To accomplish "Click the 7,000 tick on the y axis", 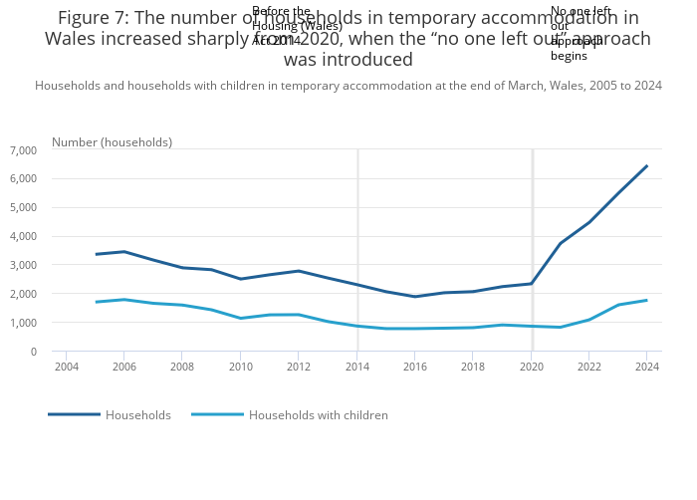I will (23, 150).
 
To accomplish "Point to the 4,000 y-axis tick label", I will (23, 237).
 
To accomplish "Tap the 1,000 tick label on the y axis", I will (23, 324).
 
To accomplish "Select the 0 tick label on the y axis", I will (33, 353).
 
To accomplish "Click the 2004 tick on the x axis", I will (66, 368).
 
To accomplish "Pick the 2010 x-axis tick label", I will (240, 368).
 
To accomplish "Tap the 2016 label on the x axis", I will (414, 368).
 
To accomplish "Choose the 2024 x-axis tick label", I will (646, 368).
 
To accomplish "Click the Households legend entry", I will (137, 415).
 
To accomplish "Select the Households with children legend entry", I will (318, 415).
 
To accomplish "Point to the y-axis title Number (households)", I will (112, 142).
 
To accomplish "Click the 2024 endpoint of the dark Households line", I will (646, 166).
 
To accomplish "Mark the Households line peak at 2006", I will (123, 252).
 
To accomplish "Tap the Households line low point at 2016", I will (414, 297).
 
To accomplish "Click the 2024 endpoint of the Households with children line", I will (646, 301).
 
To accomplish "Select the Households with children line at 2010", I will (240, 319).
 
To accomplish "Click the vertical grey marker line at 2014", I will (357, 249).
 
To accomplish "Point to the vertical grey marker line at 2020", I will (532, 249).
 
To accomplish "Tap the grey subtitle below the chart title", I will (348, 86).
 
